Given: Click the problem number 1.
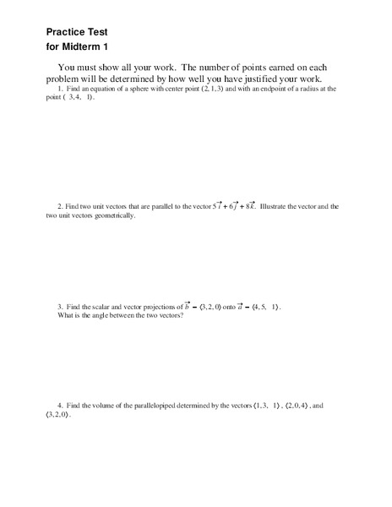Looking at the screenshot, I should (59, 89).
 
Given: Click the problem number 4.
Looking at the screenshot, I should (59, 406).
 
